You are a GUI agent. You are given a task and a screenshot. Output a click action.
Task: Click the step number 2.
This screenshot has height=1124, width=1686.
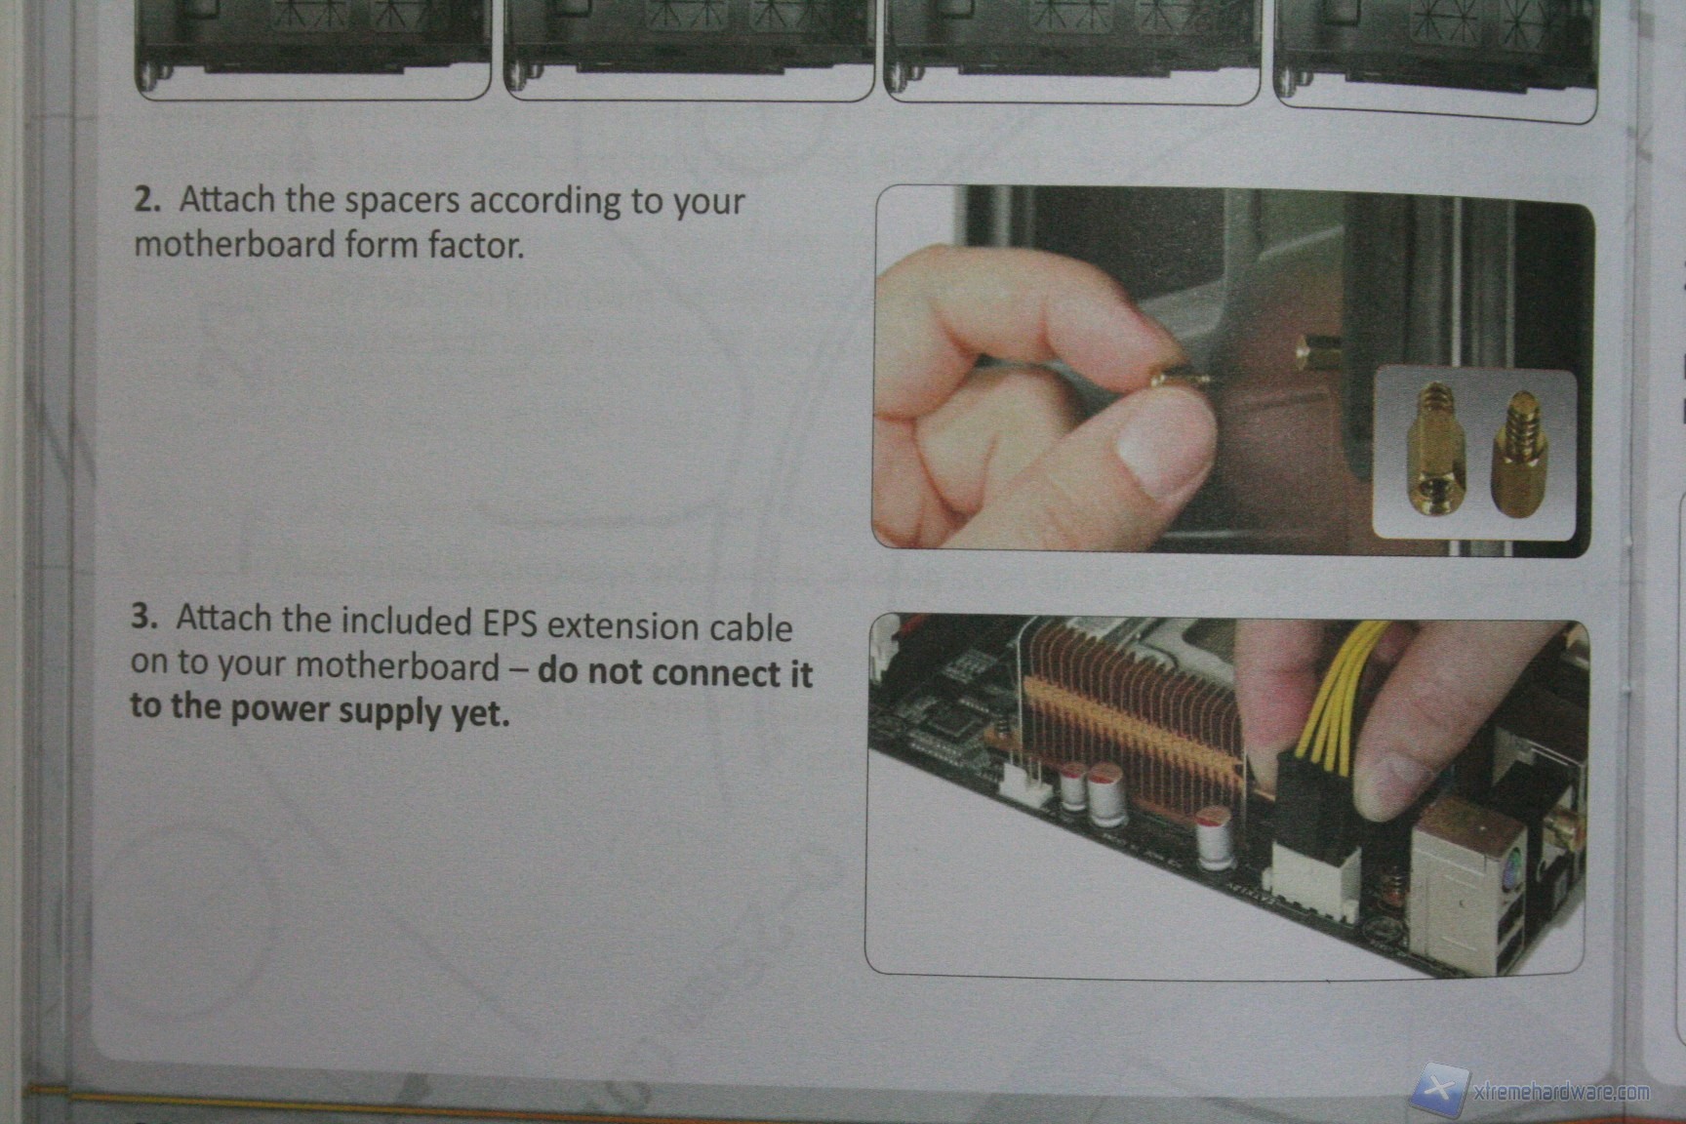(x=146, y=199)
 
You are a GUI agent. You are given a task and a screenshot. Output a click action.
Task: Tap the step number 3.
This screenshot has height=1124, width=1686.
(x=144, y=617)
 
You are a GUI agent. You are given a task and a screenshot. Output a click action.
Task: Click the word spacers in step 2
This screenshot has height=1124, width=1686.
(x=402, y=203)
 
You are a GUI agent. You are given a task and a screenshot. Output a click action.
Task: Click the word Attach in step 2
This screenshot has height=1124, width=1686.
(x=227, y=199)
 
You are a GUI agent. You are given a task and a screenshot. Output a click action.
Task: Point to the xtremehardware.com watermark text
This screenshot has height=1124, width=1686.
(x=1560, y=1092)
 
